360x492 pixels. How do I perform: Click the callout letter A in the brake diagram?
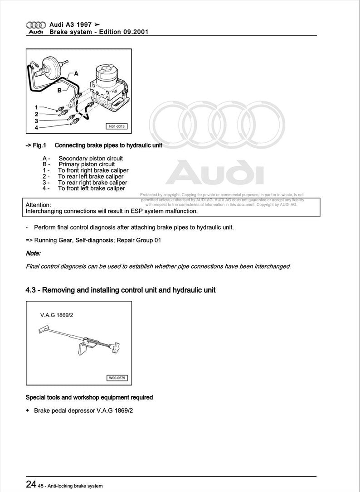click(76, 73)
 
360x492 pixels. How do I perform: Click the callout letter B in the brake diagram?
click(59, 90)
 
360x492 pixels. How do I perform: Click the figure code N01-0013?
click(115, 127)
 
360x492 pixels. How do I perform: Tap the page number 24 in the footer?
click(31, 484)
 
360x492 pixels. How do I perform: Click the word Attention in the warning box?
click(39, 205)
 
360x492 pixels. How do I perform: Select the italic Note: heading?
click(33, 253)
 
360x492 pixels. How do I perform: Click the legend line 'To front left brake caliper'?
click(91, 188)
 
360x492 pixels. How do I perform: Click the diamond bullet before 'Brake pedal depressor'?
click(28, 410)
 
